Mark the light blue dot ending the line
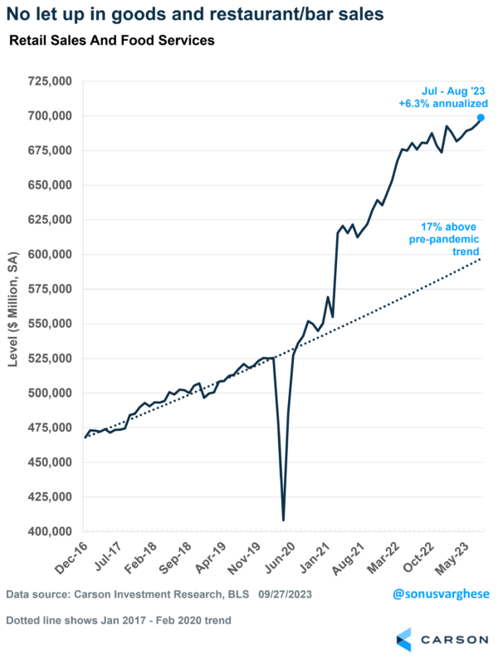(481, 117)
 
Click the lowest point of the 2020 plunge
(283, 520)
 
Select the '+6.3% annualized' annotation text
(439, 104)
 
